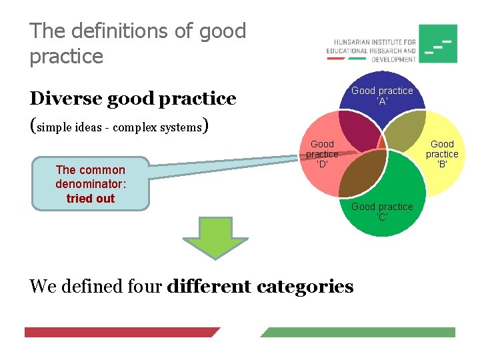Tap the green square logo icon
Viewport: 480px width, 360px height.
[x=437, y=44]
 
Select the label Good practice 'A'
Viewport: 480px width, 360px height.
[x=382, y=95]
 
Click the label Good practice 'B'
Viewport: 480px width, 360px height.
[x=442, y=153]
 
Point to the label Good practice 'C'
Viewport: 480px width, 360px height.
[x=382, y=211]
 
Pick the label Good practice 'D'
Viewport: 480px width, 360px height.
[x=322, y=153]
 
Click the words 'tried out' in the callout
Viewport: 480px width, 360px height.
[x=91, y=199]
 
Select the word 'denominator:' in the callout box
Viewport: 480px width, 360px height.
[x=91, y=184]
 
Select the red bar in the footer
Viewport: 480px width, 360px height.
[x=120, y=332]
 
